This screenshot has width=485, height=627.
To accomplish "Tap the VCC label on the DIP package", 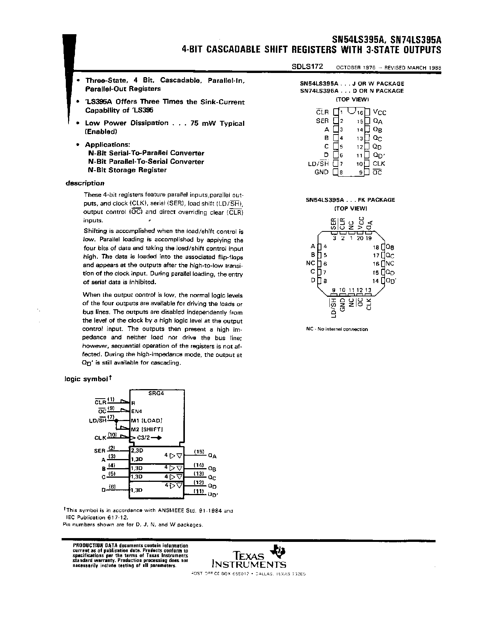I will pos(379,112).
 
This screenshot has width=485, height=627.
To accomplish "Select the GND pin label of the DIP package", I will pos(321,172).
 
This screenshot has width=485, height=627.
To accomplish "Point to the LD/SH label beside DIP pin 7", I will pos(318,163).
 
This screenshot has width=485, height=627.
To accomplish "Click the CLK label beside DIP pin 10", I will pos(379,163).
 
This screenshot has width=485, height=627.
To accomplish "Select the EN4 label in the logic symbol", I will pos(137,411).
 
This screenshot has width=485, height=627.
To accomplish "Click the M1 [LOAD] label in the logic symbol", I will pos(146,421).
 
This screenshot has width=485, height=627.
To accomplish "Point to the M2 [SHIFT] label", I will pos(146,429).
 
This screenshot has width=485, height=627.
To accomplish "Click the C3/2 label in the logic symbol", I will pos(143,438).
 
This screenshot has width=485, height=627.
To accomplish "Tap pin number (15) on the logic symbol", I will pos(199,451).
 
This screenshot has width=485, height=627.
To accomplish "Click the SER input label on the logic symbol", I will pos(99,451).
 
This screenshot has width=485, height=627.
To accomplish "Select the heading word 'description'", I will pos(85,183).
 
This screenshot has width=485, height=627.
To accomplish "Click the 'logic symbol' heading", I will pos(87,379).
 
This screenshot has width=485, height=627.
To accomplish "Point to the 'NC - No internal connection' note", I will pos(337,329).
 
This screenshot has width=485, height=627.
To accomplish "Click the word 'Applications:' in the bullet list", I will pos(107,145).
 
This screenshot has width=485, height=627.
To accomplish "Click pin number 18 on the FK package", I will pos(376,247).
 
